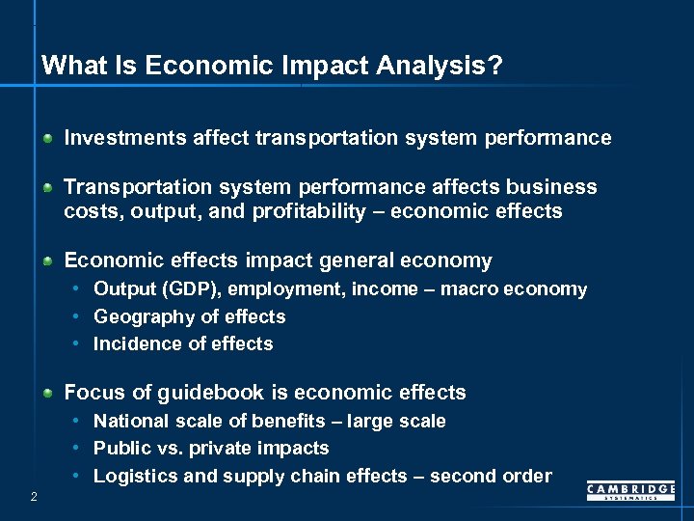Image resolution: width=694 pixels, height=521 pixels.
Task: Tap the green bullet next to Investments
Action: click(47, 139)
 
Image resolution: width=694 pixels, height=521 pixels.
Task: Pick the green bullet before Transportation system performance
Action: click(47, 187)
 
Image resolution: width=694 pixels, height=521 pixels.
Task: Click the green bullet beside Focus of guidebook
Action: click(47, 394)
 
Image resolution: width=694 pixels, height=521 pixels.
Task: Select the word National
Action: click(128, 421)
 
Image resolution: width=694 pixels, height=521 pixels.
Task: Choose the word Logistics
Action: click(130, 476)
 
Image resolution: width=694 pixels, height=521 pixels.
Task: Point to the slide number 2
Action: click(34, 497)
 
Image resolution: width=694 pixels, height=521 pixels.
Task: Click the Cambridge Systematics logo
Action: click(630, 492)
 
